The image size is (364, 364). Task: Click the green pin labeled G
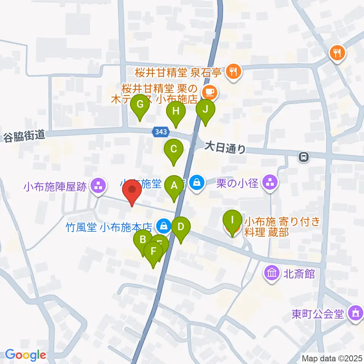140,105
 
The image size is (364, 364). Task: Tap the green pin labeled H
176,112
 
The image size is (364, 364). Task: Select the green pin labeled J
206,110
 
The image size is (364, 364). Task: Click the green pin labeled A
174,187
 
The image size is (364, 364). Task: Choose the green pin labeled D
181,228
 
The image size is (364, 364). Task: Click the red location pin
132,191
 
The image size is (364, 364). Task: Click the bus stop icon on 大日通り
303,156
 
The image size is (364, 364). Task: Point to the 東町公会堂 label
318,314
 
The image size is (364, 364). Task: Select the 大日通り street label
225,146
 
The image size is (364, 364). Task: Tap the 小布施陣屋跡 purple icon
98,186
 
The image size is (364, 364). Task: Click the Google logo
26,355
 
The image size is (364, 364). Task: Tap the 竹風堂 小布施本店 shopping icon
163,227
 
